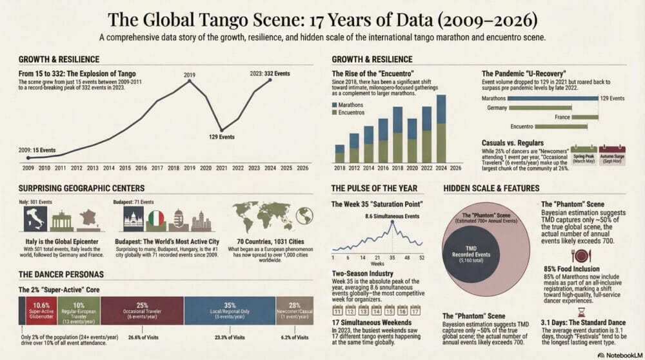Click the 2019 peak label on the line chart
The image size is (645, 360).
click(188, 75)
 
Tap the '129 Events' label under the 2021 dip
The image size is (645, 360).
click(221, 137)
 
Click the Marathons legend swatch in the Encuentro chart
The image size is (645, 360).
click(334, 105)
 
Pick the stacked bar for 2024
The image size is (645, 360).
click(441, 128)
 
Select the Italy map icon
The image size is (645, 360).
click(35, 219)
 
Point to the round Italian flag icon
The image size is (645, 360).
click(155, 219)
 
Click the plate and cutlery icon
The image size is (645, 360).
click(580, 255)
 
